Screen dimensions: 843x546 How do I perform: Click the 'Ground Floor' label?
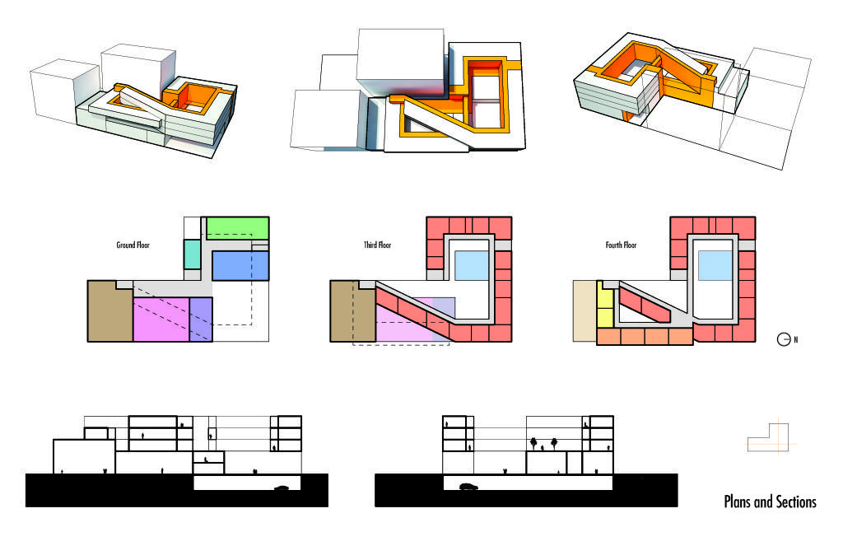(x=133, y=245)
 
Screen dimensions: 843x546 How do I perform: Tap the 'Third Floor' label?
(x=377, y=245)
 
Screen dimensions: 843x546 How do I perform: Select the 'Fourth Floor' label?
(x=621, y=245)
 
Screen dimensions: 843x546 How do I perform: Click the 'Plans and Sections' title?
(x=770, y=502)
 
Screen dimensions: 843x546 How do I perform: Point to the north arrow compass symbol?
(x=784, y=339)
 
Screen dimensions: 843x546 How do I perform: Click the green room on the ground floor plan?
(x=238, y=228)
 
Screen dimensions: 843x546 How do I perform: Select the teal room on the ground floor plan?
(x=192, y=254)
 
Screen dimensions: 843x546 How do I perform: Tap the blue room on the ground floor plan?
(x=240, y=266)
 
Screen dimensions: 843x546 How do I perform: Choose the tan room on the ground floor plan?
(x=110, y=311)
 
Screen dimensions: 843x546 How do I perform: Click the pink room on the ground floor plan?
(x=161, y=319)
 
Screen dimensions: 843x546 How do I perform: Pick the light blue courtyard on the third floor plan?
(x=472, y=266)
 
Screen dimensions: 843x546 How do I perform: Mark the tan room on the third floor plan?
(x=352, y=311)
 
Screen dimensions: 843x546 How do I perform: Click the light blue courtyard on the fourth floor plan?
(x=715, y=266)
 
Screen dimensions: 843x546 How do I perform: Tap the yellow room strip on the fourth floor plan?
(x=605, y=305)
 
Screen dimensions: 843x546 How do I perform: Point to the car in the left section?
(x=282, y=488)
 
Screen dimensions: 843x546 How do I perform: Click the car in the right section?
(x=468, y=487)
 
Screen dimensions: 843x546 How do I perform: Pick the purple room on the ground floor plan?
(x=201, y=319)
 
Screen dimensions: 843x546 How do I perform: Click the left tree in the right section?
(x=533, y=443)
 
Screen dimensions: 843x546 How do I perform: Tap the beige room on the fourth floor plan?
(x=585, y=311)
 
